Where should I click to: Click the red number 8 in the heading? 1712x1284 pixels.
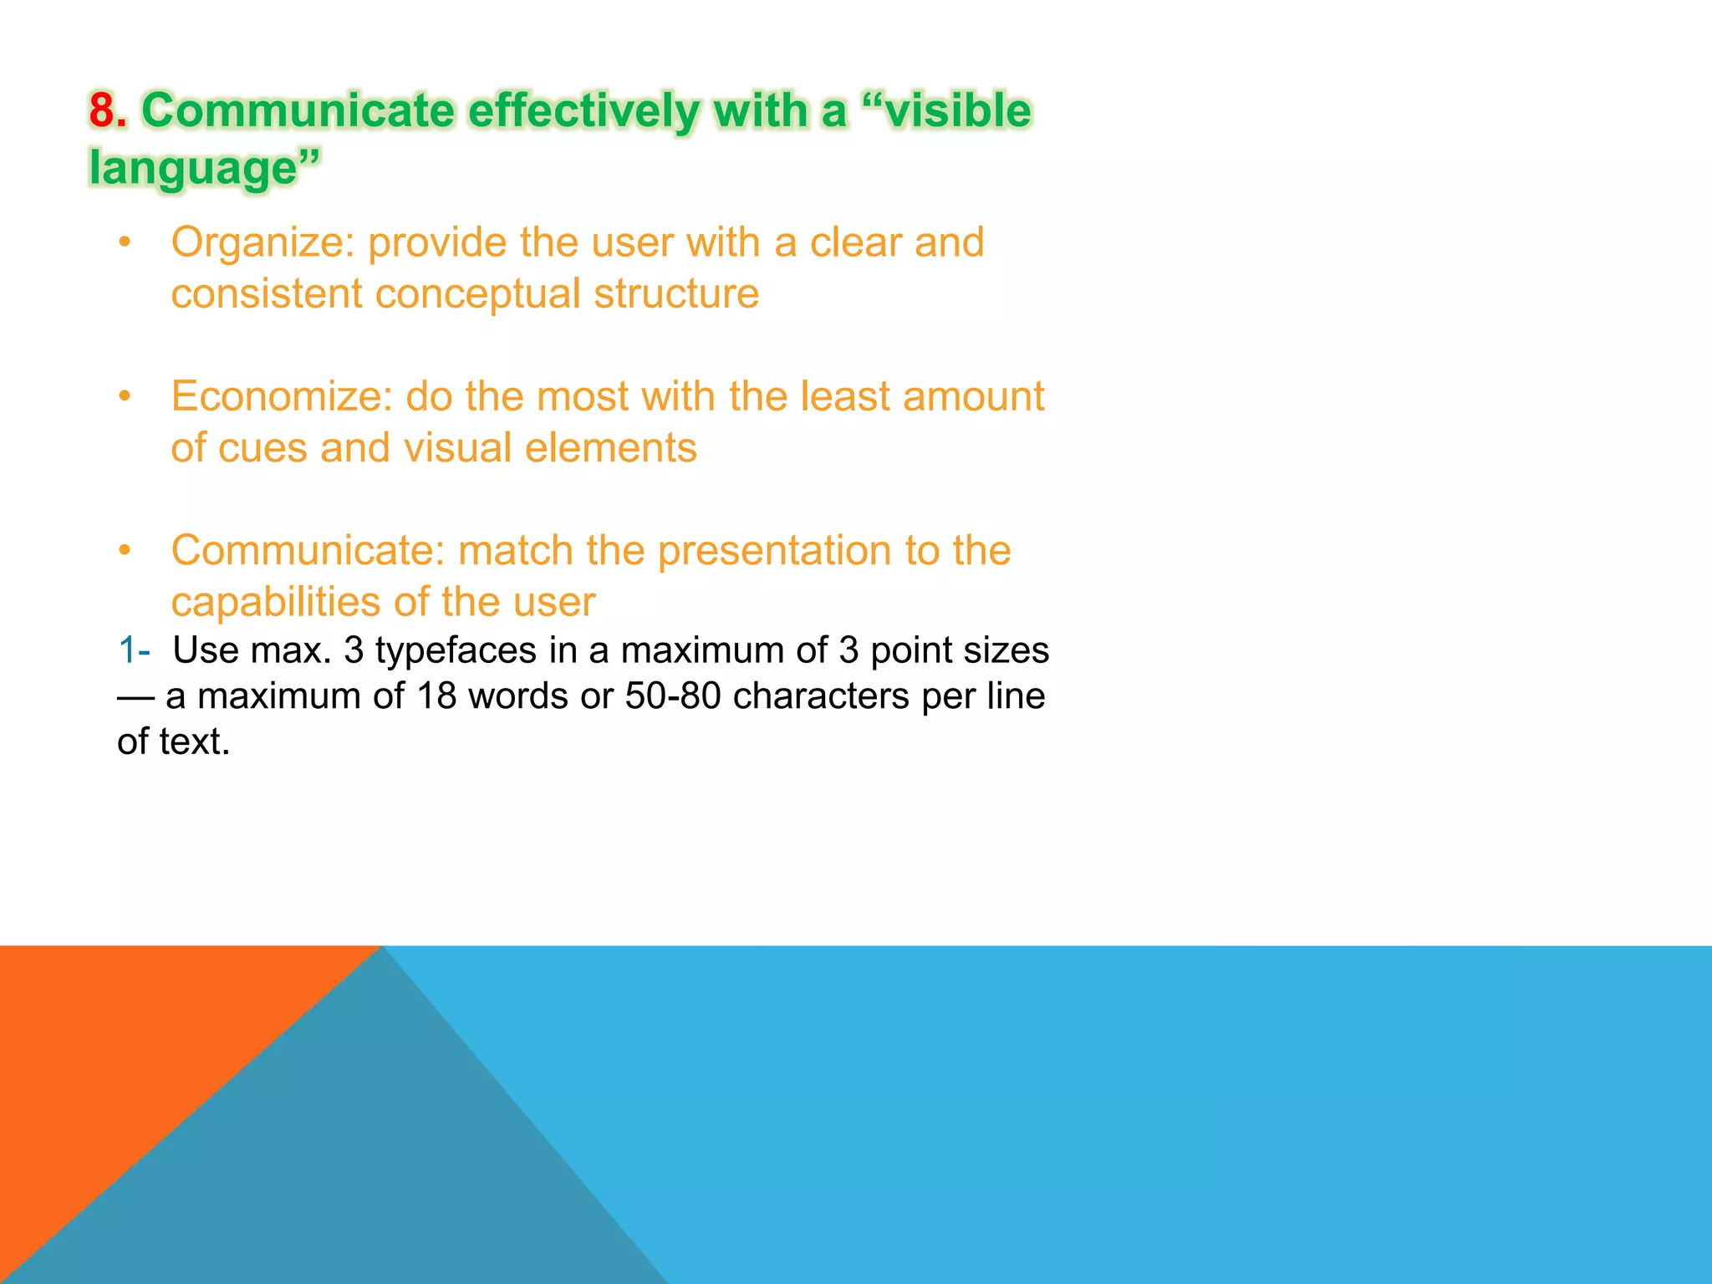coord(101,110)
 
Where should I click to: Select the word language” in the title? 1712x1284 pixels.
coord(205,167)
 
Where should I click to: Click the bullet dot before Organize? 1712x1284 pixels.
coord(125,242)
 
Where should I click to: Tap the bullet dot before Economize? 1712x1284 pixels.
coord(125,396)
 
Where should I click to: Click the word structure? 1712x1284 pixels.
coord(676,294)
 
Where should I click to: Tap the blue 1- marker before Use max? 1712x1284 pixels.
coord(134,650)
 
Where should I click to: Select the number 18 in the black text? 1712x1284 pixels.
coord(436,696)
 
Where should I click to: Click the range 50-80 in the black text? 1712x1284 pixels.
coord(673,696)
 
